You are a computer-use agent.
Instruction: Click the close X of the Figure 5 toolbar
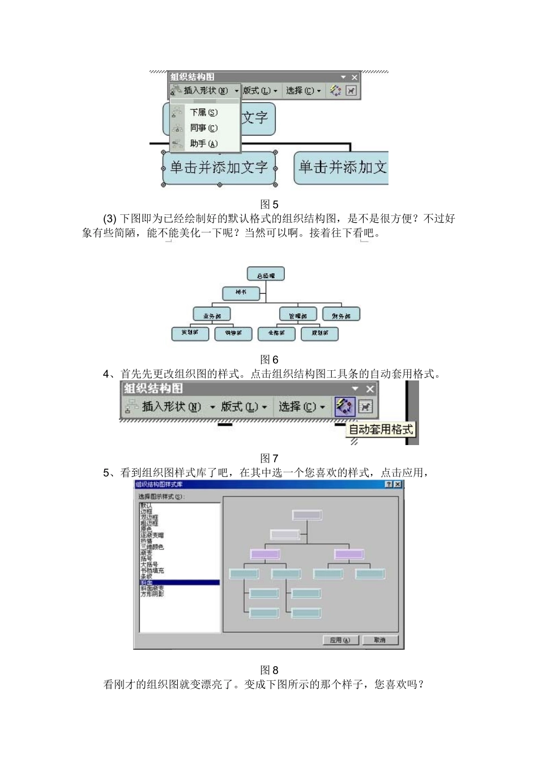click(x=355, y=77)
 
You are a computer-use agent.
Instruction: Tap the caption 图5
click(x=269, y=205)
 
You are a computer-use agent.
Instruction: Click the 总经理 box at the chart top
click(x=266, y=275)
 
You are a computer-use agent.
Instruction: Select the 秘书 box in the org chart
click(x=241, y=293)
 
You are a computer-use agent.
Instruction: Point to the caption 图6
click(x=269, y=359)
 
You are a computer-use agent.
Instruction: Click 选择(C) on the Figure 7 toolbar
click(x=301, y=407)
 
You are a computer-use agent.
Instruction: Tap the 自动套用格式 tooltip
click(x=381, y=429)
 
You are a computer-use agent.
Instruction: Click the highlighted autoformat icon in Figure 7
click(x=344, y=407)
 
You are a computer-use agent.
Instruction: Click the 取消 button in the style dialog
click(x=379, y=640)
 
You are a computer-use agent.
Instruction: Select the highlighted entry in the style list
click(x=179, y=582)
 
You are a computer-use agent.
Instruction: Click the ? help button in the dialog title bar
click(x=388, y=484)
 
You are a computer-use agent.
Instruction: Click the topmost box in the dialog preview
click(x=307, y=515)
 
